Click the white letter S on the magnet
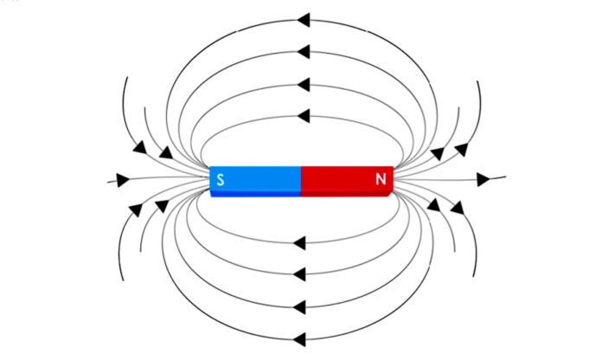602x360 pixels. [221, 180]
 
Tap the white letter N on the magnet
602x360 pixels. [381, 180]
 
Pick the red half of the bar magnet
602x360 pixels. [346, 180]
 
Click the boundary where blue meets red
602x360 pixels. [301, 180]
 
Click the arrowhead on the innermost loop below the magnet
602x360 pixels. [300, 241]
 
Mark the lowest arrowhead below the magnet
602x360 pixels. [300, 337]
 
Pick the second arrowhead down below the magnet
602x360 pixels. [300, 273]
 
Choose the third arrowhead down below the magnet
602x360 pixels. [300, 305]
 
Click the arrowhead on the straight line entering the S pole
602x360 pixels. [123, 180]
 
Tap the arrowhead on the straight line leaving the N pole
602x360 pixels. [484, 179]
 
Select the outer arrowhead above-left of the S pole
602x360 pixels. [139, 149]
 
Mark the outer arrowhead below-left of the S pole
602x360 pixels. [135, 209]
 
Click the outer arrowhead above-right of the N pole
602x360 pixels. [462, 149]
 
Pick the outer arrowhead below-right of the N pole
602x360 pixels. [457, 208]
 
